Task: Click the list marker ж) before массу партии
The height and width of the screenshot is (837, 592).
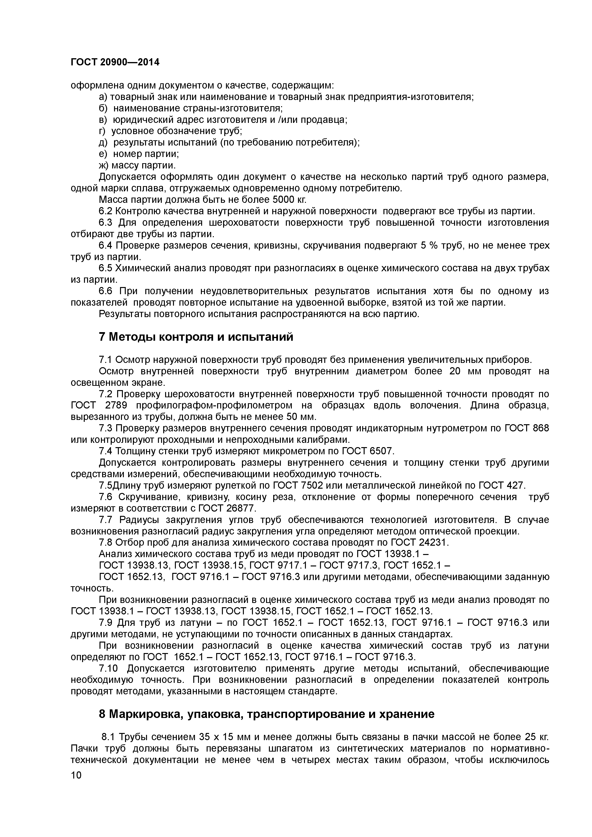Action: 104,166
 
